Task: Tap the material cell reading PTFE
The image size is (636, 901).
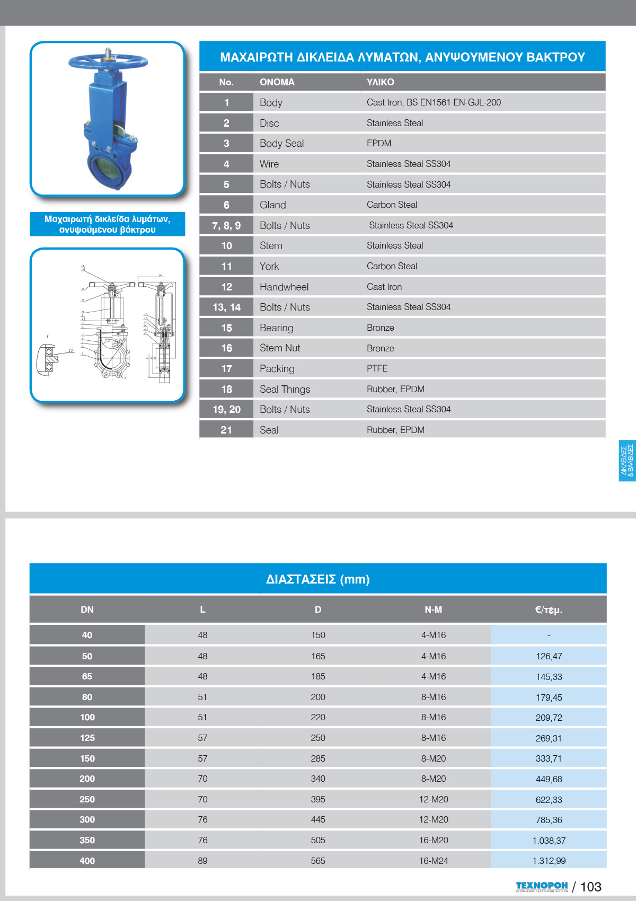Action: pos(377,368)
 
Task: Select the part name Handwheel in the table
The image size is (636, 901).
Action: pos(284,287)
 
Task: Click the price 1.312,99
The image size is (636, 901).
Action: pos(549,861)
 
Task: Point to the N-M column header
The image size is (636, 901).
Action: pos(433,609)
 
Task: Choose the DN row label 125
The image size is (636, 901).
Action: pos(87,738)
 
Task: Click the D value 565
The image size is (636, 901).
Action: pos(318,861)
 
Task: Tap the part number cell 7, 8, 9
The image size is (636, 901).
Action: pos(226,225)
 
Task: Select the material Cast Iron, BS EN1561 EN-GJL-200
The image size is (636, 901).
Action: pos(434,102)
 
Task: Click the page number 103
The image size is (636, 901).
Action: pos(590,887)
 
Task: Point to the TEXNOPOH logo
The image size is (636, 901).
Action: pos(542,886)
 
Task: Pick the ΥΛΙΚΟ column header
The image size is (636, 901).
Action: pos(380,82)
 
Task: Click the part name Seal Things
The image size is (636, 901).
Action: pos(285,389)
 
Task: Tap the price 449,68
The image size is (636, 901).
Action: pos(549,779)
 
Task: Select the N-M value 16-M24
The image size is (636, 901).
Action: pos(433,861)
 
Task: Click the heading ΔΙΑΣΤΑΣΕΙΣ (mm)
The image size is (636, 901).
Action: pos(317,579)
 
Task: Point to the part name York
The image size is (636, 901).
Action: pos(269,266)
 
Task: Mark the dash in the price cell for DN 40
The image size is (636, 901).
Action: pos(549,635)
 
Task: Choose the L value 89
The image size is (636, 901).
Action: pos(202,861)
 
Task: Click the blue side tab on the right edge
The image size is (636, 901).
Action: pos(627,461)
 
